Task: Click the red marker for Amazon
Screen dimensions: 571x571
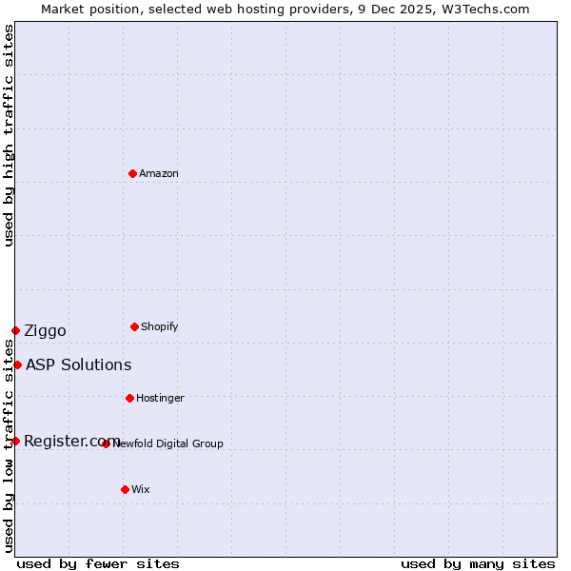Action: coord(132,173)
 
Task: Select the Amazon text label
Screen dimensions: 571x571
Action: coord(158,173)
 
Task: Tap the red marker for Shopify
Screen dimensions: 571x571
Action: coord(134,326)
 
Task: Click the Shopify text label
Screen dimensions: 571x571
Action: coord(159,326)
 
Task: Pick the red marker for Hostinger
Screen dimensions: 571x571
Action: coord(129,398)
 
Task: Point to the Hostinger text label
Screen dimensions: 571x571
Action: coord(160,398)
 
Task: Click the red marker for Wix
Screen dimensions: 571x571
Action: coord(125,489)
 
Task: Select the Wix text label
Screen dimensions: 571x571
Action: coord(141,489)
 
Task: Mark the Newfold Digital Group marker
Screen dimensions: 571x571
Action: coord(106,443)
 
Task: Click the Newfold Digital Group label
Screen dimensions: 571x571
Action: coord(168,443)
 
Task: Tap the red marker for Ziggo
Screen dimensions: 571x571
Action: coord(15,330)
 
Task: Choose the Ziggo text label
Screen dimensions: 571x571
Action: coord(45,331)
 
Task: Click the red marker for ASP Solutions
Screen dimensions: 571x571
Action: coord(17,364)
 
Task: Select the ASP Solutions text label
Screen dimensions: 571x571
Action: coord(78,364)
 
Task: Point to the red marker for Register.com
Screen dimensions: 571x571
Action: coord(15,441)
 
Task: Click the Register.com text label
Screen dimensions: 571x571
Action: coord(71,441)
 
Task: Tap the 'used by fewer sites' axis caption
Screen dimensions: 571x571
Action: coord(98,563)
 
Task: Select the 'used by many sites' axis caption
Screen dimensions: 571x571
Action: coord(478,563)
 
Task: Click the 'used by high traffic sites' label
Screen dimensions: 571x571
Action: coord(9,135)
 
